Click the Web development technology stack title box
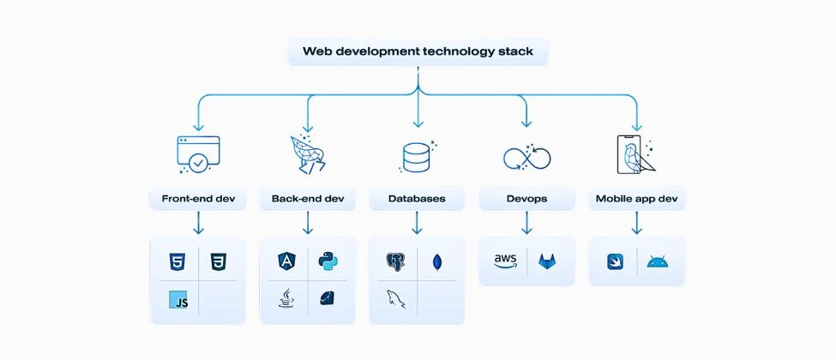[418, 51]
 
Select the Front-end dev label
[198, 199]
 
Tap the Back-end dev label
[307, 199]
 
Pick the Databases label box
[417, 199]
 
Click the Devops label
[526, 199]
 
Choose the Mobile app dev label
[636, 199]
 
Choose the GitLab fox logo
[546, 261]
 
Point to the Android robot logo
[657, 261]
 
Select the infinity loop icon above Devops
[526, 158]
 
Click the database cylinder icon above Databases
[416, 157]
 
